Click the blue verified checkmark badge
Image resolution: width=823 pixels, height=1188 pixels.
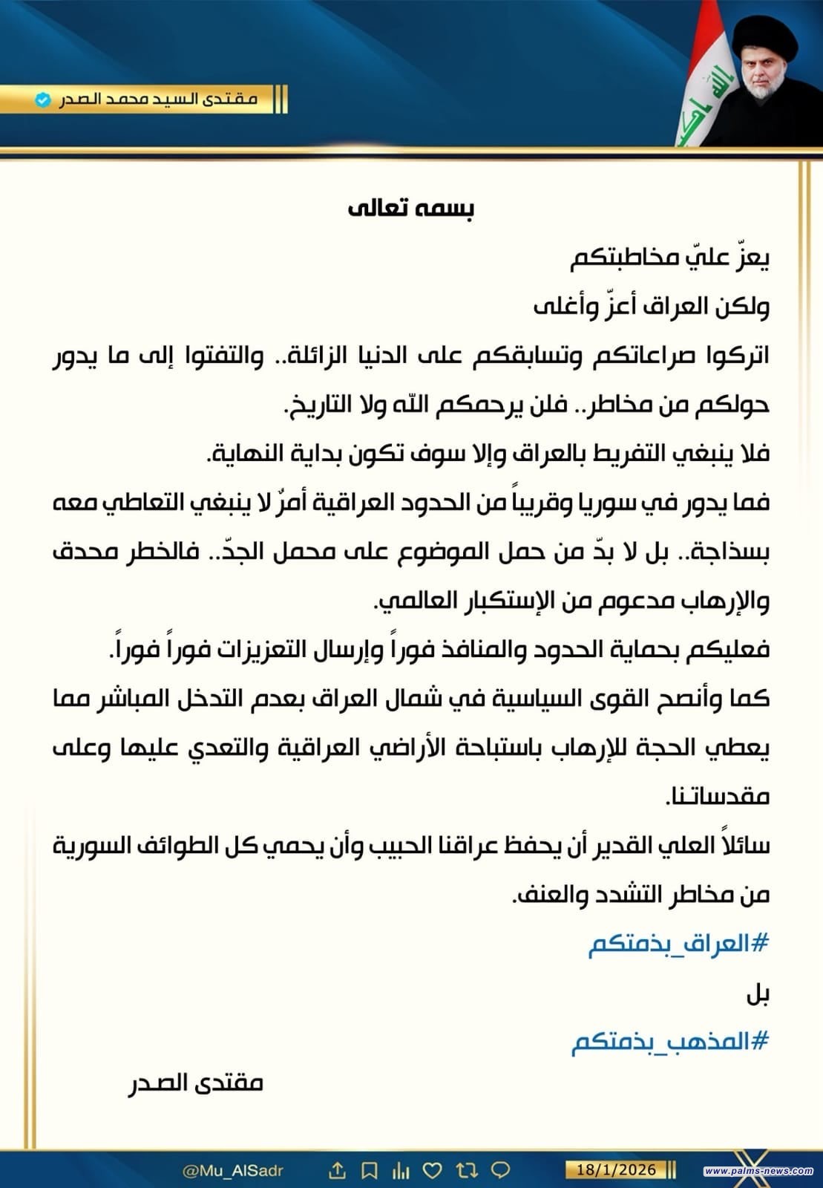click(44, 99)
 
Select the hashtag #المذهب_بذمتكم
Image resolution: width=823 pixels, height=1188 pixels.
click(669, 1042)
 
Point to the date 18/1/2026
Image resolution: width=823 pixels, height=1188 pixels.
click(611, 1169)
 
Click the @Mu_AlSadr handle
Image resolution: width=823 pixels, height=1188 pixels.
click(233, 1170)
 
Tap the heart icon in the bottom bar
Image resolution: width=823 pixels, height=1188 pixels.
click(432, 1170)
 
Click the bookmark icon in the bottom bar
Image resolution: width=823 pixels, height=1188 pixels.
click(369, 1170)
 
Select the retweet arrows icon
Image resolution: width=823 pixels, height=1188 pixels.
click(467, 1170)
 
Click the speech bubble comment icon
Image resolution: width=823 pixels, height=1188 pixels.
click(501, 1170)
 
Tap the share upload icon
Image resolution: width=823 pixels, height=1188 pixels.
click(337, 1170)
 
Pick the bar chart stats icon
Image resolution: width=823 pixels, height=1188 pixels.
click(400, 1170)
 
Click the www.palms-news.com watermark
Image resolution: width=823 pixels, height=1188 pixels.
click(758, 1171)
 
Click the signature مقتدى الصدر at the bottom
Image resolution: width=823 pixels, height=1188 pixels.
click(196, 1083)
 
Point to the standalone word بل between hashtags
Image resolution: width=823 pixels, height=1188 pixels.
click(757, 994)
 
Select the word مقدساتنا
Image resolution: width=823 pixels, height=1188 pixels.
click(719, 797)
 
